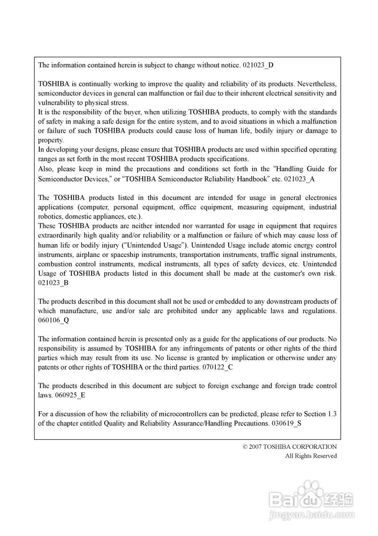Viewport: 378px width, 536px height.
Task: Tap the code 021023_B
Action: pos(54,283)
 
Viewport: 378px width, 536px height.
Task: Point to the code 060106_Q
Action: pos(54,320)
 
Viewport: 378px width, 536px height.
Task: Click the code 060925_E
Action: pos(70,395)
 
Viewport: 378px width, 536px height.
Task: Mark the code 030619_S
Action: pos(286,423)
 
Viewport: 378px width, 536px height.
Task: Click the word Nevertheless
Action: pos(317,84)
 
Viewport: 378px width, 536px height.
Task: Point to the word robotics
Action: pos(50,216)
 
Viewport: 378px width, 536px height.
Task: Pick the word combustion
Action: pos(55,264)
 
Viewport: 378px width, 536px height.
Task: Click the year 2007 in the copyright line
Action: pos(255,447)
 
